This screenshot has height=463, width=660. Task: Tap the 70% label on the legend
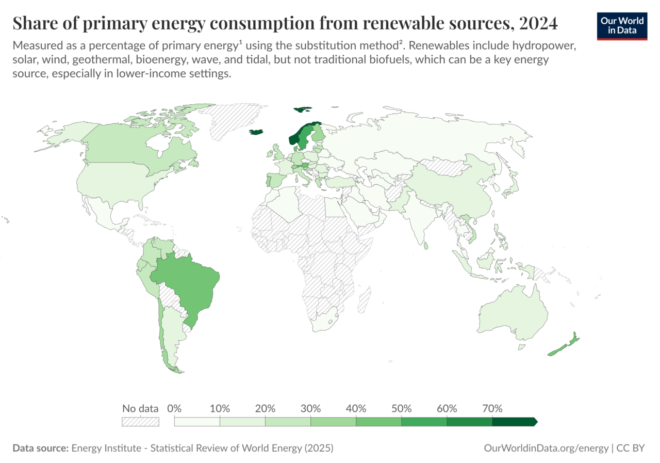click(492, 408)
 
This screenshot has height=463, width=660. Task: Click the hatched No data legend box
click(140, 422)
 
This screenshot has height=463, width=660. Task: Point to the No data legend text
click(140, 408)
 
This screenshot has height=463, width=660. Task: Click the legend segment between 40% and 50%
click(378, 422)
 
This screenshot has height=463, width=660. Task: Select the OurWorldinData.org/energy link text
click(546, 448)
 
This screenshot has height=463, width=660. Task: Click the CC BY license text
click(631, 448)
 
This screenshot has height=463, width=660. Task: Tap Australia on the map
click(513, 315)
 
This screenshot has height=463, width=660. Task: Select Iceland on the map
click(256, 132)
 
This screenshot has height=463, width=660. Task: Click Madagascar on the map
click(364, 301)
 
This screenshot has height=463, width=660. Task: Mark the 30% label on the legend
click(310, 408)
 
